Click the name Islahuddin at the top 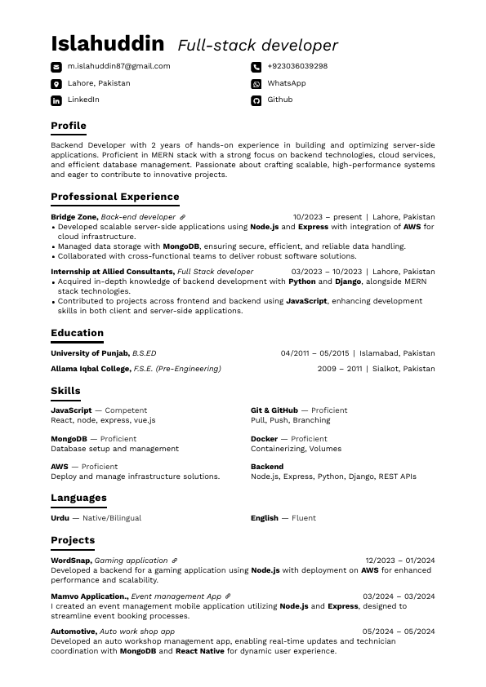pyautogui.click(x=107, y=44)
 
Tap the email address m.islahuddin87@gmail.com pyautogui.click(x=118, y=66)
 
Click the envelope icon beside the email pyautogui.click(x=56, y=67)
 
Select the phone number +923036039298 pyautogui.click(x=297, y=66)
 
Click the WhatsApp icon pyautogui.click(x=256, y=84)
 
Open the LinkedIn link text pyautogui.click(x=83, y=100)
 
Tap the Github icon pyautogui.click(x=256, y=100)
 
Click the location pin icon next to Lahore pyautogui.click(x=56, y=84)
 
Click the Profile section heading pyautogui.click(x=69, y=126)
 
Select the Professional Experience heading pyautogui.click(x=114, y=197)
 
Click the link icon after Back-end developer pyautogui.click(x=183, y=217)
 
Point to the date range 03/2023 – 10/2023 pyautogui.click(x=326, y=272)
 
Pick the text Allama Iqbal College pyautogui.click(x=90, y=369)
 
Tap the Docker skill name pyautogui.click(x=264, y=439)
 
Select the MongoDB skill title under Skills pyautogui.click(x=69, y=439)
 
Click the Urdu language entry pyautogui.click(x=60, y=518)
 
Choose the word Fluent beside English pyautogui.click(x=303, y=518)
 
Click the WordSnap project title pyautogui.click(x=71, y=561)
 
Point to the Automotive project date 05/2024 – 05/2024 pyautogui.click(x=399, y=632)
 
